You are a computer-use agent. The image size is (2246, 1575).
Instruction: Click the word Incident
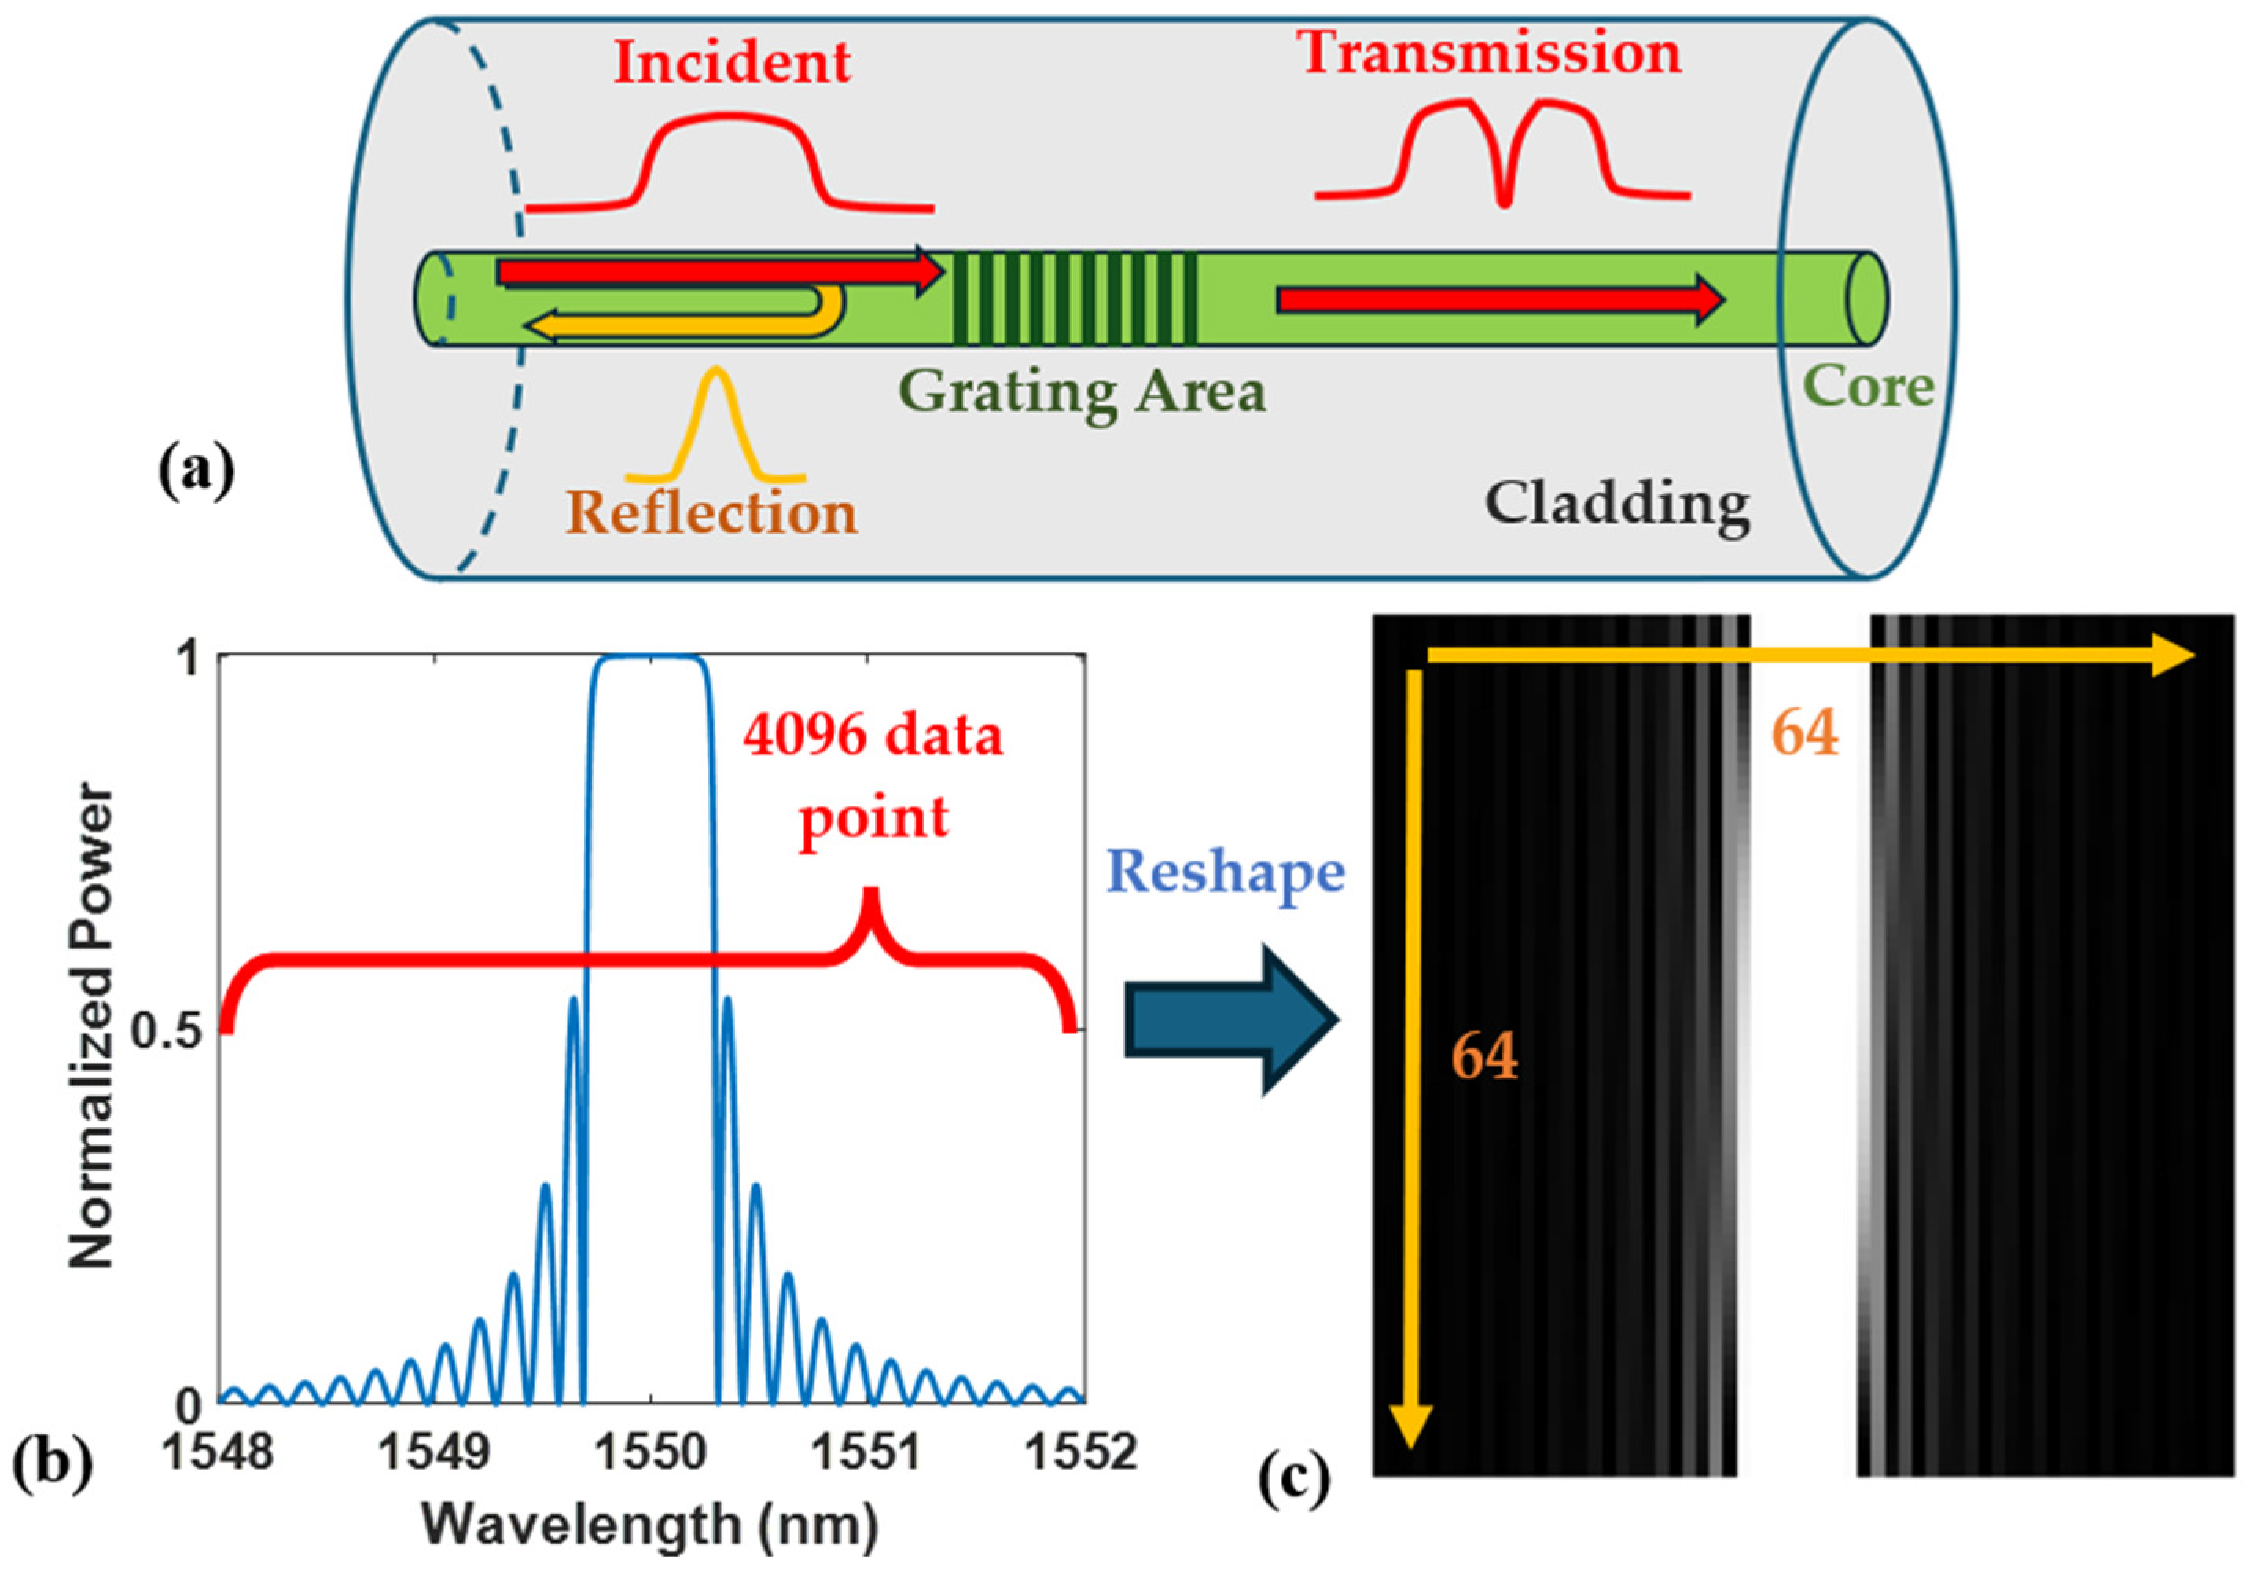click(x=732, y=63)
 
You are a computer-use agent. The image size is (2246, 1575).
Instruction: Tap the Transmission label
click(x=1490, y=53)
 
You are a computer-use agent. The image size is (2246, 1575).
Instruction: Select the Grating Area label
click(x=1082, y=393)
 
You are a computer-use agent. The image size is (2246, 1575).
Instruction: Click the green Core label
click(x=1867, y=387)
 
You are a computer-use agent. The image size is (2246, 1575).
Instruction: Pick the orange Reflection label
click(x=711, y=512)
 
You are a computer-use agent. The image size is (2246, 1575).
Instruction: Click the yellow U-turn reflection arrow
click(x=685, y=319)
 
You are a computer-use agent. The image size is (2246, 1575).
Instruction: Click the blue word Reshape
click(x=1225, y=872)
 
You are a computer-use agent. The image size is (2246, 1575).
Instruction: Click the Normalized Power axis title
click(x=93, y=1027)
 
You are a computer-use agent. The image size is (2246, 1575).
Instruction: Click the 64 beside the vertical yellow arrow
click(x=1484, y=1056)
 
